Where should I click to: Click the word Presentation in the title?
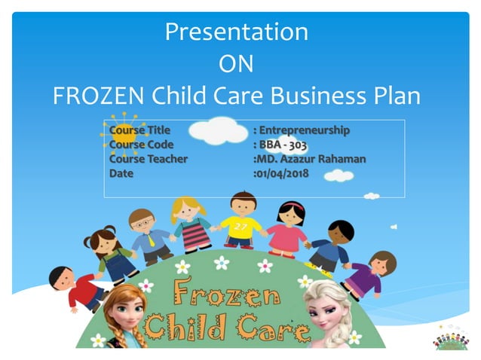tap(237, 32)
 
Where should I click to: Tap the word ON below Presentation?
tap(236, 64)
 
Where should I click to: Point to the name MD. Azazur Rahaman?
tap(312, 159)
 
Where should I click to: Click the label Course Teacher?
tap(148, 159)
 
